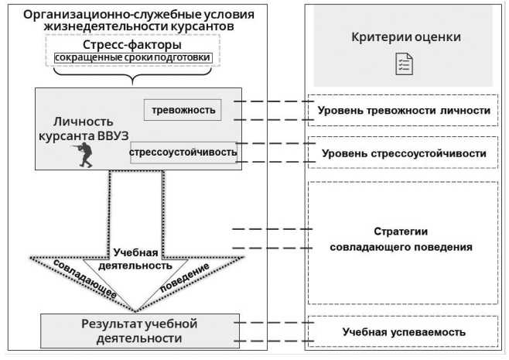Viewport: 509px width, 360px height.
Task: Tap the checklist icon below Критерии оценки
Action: click(404, 64)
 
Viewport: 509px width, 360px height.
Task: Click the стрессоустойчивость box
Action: click(183, 152)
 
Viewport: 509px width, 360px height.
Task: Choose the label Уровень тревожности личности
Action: click(404, 111)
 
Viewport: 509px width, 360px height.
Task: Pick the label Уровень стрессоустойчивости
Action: click(404, 153)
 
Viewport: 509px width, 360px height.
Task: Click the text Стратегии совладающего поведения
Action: click(401, 239)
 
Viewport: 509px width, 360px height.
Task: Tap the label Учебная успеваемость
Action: click(404, 331)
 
